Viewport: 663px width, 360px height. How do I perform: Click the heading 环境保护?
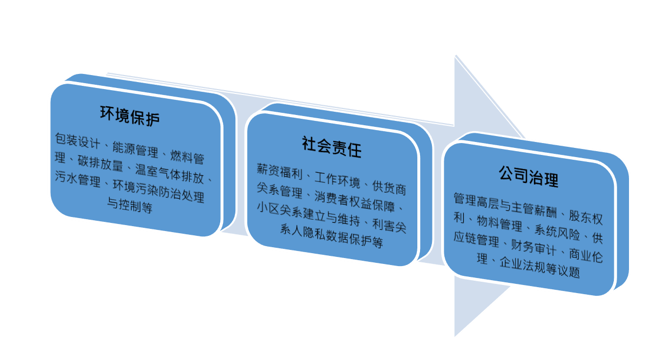click(x=130, y=116)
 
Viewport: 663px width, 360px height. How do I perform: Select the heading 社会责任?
click(x=331, y=147)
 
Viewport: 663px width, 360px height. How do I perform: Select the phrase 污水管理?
click(x=78, y=179)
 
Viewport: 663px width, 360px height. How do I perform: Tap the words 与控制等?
click(x=130, y=206)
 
